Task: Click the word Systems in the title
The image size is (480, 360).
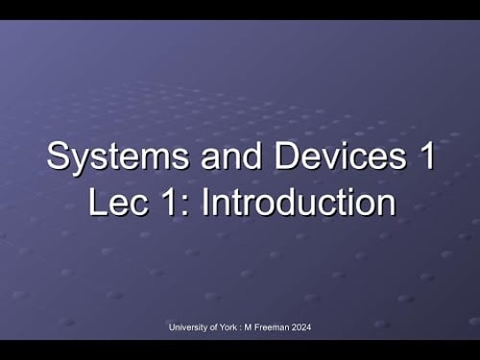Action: [x=103, y=157]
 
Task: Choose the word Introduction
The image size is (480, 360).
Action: [x=299, y=203]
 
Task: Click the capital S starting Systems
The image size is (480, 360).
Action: [x=58, y=157]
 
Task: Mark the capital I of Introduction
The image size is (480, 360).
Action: [x=207, y=203]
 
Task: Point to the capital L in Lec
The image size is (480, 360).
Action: [x=94, y=203]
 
